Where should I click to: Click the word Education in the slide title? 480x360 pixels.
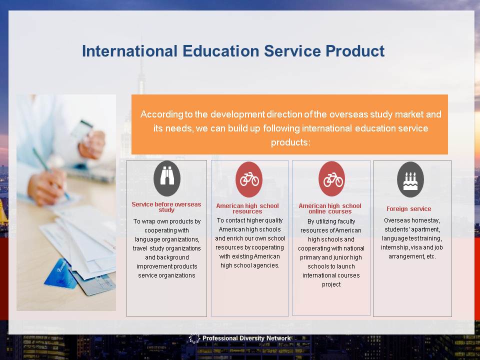[221, 51]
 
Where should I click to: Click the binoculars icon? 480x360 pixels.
[167, 178]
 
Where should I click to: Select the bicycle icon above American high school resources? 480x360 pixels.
[249, 179]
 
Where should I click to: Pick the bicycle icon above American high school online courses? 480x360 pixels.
[331, 179]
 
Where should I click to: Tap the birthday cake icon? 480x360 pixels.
[410, 179]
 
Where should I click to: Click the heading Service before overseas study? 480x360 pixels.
[166, 207]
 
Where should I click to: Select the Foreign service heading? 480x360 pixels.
[408, 209]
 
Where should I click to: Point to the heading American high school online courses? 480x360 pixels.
[330, 208]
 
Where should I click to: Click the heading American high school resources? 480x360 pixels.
[247, 208]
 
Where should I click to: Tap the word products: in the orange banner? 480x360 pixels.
[290, 142]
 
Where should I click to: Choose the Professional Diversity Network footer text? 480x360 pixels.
[246, 338]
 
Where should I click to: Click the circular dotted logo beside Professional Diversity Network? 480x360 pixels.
[194, 338]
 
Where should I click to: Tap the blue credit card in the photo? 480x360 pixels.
[60, 274]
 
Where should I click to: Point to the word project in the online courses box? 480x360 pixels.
[331, 284]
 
